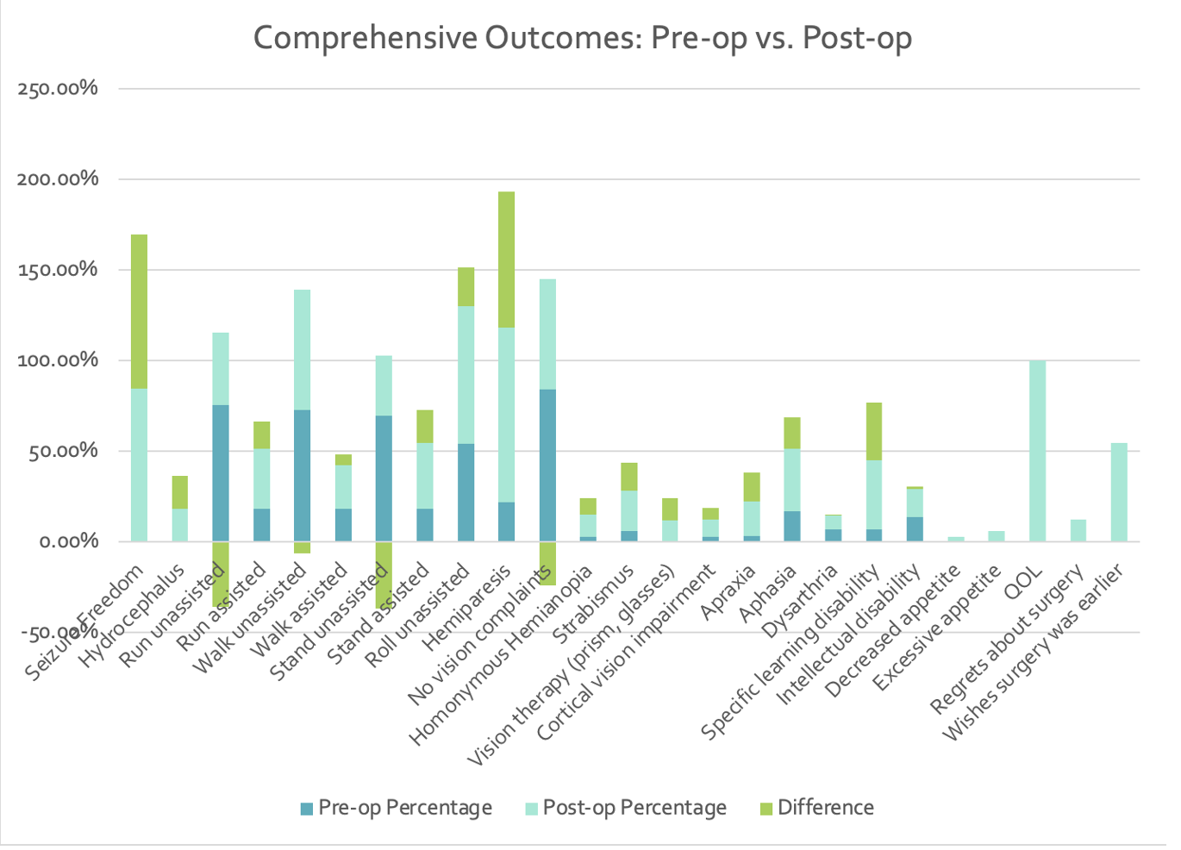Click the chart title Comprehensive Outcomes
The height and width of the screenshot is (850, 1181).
coord(582,39)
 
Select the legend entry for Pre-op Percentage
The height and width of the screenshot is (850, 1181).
coord(396,808)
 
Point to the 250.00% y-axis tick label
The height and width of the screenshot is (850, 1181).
coord(58,89)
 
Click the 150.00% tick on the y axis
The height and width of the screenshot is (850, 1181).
coord(58,270)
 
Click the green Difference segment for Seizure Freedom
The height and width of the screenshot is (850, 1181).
coord(139,311)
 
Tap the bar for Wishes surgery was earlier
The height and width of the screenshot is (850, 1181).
coord(1119,492)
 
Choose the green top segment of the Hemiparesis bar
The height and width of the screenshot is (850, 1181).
coord(506,259)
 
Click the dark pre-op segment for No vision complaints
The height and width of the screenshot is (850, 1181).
coord(547,466)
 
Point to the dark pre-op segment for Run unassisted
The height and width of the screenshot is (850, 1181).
coord(221,473)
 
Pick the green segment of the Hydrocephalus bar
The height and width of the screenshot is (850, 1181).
coord(179,492)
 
